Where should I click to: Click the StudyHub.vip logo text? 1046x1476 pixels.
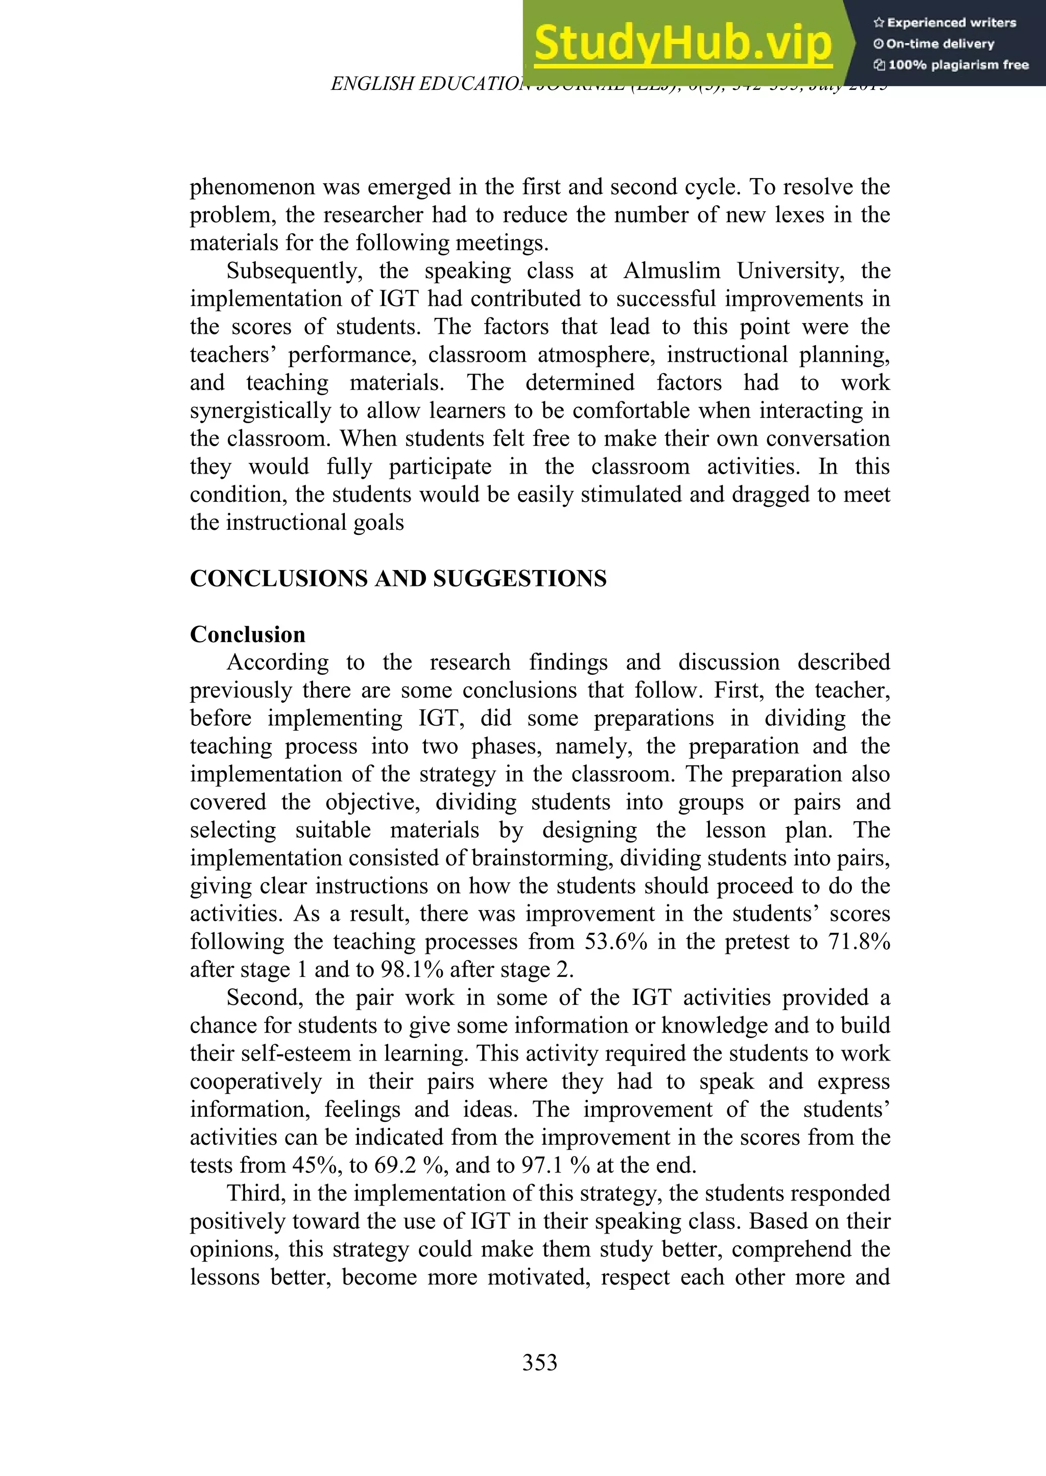point(683,44)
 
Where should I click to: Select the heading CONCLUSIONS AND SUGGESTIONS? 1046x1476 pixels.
point(398,579)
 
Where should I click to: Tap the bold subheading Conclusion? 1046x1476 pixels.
point(247,635)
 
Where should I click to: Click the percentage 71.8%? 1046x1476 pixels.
point(859,942)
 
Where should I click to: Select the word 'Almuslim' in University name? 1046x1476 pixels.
point(671,271)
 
